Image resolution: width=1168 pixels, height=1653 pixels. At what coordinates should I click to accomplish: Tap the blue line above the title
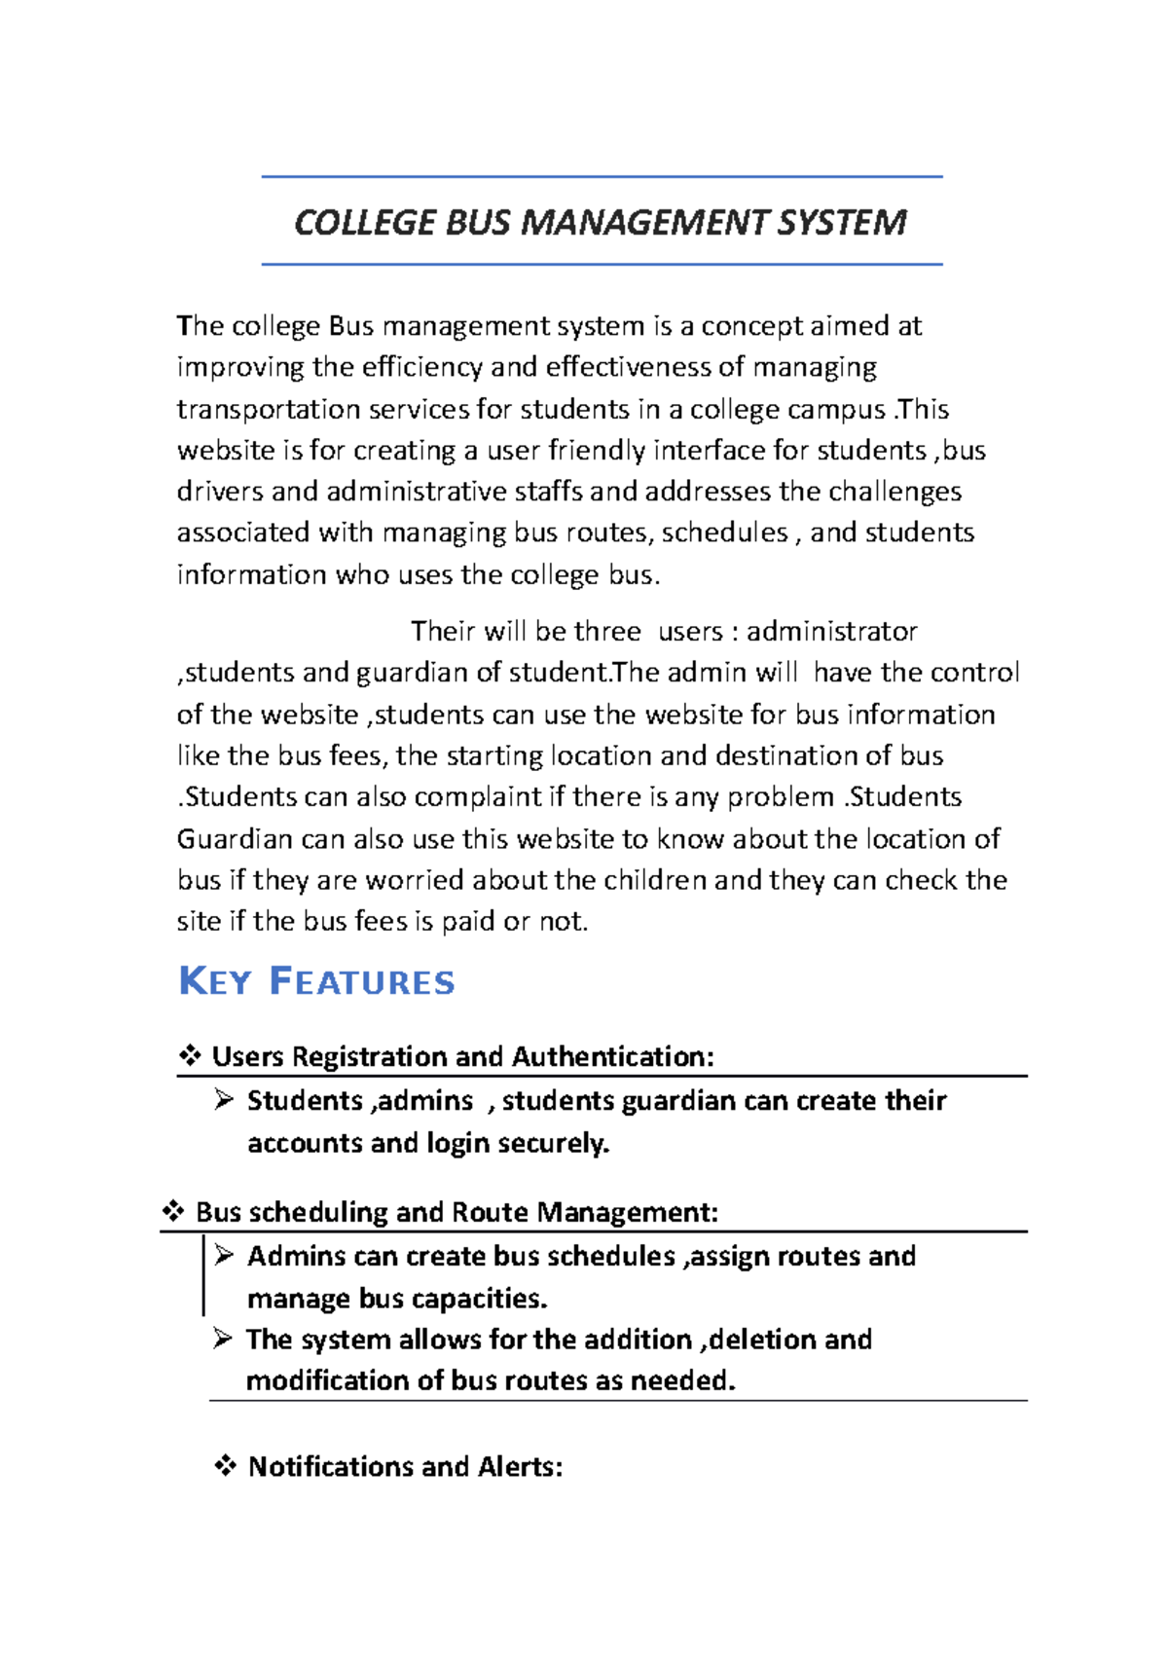pyautogui.click(x=602, y=177)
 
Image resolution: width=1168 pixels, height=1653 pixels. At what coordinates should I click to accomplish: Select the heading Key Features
pyautogui.click(x=316, y=981)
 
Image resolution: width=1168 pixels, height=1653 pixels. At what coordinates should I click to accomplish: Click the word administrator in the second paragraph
pyautogui.click(x=831, y=631)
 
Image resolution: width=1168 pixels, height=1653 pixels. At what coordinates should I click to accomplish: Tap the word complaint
pyautogui.click(x=478, y=796)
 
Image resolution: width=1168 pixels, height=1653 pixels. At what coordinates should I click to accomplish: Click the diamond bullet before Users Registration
pyautogui.click(x=190, y=1055)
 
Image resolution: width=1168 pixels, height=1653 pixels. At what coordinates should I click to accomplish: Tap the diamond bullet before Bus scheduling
pyautogui.click(x=173, y=1211)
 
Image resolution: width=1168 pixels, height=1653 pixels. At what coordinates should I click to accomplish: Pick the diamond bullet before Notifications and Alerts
pyautogui.click(x=226, y=1465)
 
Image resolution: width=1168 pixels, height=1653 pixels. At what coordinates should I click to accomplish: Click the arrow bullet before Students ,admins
pyautogui.click(x=225, y=1100)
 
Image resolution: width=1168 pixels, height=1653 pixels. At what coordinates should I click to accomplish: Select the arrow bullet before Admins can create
pyautogui.click(x=225, y=1255)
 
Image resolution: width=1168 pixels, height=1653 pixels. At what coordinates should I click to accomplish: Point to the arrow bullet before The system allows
pyautogui.click(x=223, y=1339)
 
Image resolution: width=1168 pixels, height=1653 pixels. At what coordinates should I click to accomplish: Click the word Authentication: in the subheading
pyautogui.click(x=612, y=1056)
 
